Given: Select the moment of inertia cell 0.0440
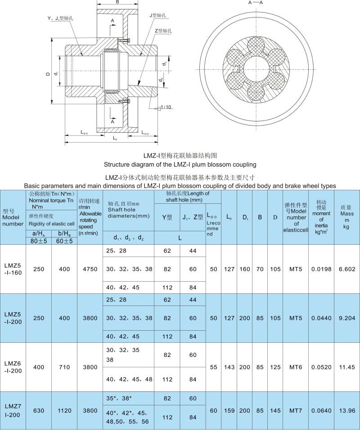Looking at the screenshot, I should [321, 318].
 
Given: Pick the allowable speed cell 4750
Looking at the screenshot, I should [90, 269].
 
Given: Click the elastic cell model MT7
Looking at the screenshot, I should [295, 410].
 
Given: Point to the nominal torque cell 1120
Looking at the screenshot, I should [64, 410].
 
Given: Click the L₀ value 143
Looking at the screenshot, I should [229, 367].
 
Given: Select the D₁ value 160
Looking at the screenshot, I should [245, 269].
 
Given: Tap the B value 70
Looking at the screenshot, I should [260, 269].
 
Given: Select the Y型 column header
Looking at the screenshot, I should [167, 217].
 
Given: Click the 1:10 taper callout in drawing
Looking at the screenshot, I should [165, 108].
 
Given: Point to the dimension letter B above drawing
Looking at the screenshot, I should [117, 3].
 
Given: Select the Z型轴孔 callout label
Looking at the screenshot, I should [162, 31].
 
